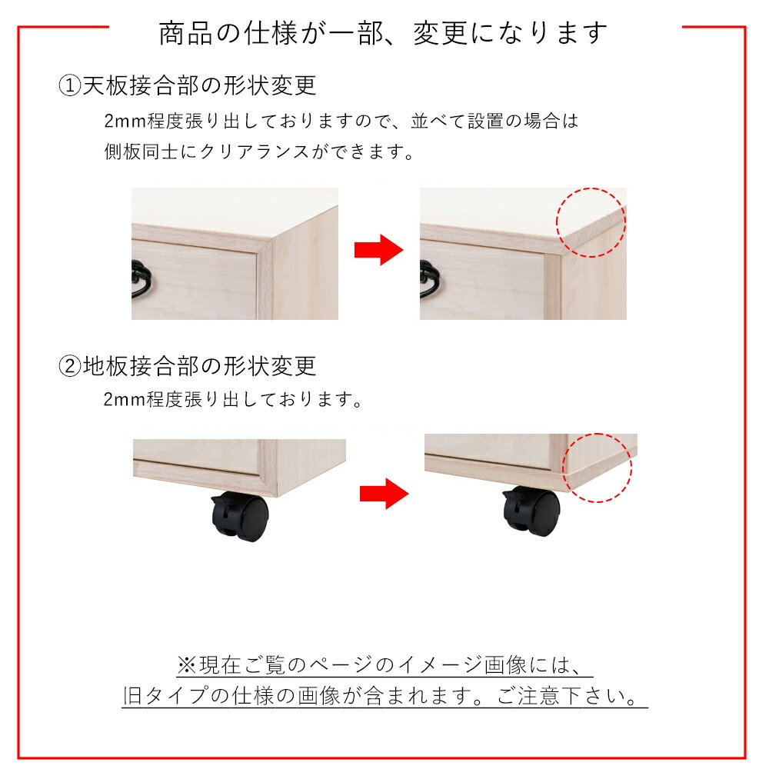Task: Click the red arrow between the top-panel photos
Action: [378, 250]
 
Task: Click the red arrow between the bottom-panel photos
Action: [384, 494]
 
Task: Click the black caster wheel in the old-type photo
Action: [240, 518]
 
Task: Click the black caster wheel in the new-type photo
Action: [531, 511]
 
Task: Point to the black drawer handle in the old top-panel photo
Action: [141, 279]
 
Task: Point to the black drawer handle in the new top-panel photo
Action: [430, 279]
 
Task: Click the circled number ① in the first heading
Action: [70, 86]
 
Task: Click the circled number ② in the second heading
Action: [70, 366]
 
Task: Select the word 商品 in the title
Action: [185, 33]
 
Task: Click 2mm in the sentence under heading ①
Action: [125, 121]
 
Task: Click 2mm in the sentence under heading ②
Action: [125, 400]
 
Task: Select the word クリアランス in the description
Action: [255, 151]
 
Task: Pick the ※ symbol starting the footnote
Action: [187, 665]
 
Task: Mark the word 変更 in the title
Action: [441, 33]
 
